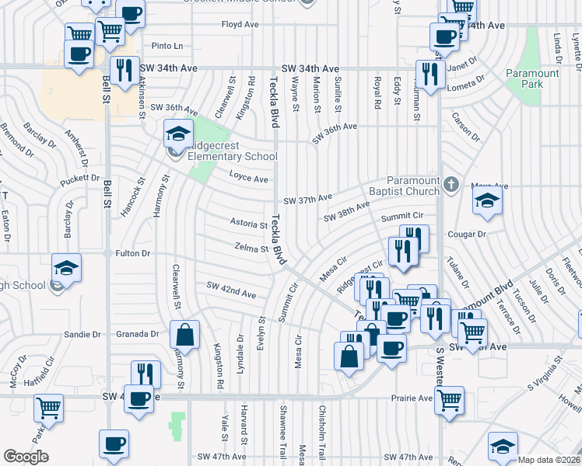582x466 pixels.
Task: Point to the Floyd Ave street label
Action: pyautogui.click(x=240, y=25)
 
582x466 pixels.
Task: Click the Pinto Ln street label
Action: pyautogui.click(x=167, y=47)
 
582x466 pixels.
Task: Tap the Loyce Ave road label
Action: pyautogui.click(x=248, y=179)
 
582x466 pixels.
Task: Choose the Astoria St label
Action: pyautogui.click(x=249, y=224)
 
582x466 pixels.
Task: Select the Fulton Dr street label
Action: pyautogui.click(x=132, y=253)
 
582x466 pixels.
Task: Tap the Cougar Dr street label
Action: pyautogui.click(x=467, y=234)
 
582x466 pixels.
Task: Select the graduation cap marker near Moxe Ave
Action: pyautogui.click(x=487, y=200)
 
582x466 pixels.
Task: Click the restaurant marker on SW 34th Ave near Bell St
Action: pyautogui.click(x=124, y=71)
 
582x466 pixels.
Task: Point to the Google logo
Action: pyautogui.click(x=26, y=457)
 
